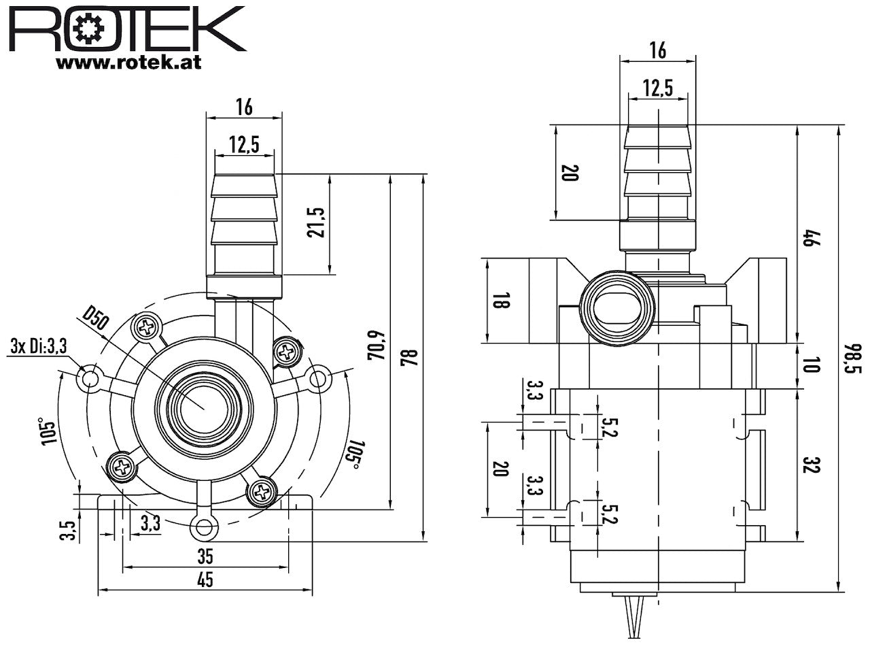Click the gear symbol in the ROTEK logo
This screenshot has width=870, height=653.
click(x=90, y=31)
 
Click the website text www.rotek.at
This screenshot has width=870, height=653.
click(x=129, y=63)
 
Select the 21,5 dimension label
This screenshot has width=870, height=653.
click(x=316, y=223)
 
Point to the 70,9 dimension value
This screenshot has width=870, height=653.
click(x=376, y=345)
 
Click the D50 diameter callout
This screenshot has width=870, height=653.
click(x=96, y=318)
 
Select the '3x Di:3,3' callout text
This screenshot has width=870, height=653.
click(x=39, y=346)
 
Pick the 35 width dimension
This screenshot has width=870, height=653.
click(x=205, y=556)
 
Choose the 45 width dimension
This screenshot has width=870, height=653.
click(x=205, y=580)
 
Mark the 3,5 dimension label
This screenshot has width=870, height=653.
click(x=67, y=531)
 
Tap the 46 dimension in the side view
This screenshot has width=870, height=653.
click(x=811, y=237)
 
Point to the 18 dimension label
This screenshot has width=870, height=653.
click(x=501, y=300)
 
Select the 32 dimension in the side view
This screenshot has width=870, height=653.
click(x=811, y=465)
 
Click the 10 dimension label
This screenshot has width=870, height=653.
click(x=811, y=365)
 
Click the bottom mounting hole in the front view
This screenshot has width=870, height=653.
click(x=204, y=527)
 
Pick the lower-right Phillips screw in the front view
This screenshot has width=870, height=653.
click(x=262, y=492)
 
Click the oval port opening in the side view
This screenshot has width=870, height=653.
click(x=616, y=309)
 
